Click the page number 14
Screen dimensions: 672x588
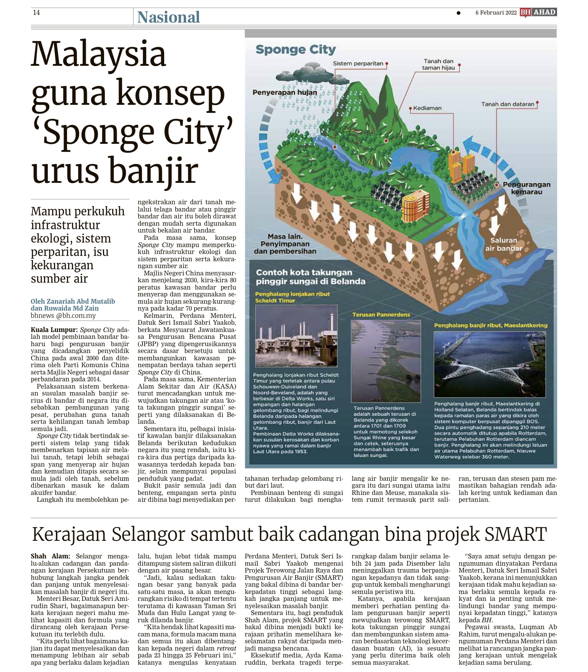[x=36, y=13]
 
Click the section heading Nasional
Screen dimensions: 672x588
[x=168, y=17]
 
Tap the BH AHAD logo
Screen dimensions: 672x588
[x=538, y=12]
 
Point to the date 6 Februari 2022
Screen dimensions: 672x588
[x=496, y=13]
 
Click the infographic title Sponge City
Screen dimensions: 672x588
[x=296, y=49]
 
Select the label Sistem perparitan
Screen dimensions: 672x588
[x=358, y=63]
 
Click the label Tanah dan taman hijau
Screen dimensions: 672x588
[x=438, y=64]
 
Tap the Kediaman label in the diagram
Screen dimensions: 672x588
[x=427, y=108]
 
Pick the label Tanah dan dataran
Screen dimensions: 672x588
[x=508, y=104]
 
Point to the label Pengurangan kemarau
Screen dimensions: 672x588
[x=527, y=188]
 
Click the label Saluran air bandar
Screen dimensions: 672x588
[x=503, y=244]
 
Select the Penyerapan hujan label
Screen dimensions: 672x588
[x=285, y=92]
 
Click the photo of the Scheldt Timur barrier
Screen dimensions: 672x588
[x=296, y=336]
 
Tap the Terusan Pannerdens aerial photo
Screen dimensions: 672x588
[x=385, y=361]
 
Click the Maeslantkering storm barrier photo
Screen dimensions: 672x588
[x=489, y=364]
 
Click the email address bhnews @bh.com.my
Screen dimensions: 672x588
[x=63, y=316]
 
